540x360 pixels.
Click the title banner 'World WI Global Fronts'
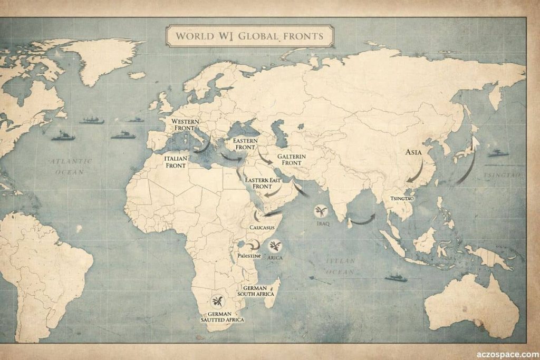[249, 36]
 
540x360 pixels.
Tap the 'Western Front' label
[186, 125]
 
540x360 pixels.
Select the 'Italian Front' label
[175, 161]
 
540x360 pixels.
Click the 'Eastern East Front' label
[263, 183]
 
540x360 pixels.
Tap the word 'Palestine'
[249, 256]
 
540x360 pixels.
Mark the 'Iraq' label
[322, 223]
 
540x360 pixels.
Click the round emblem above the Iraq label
[321, 211]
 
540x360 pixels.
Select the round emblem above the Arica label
[275, 246]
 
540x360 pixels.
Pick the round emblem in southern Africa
[218, 301]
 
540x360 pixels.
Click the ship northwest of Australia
[396, 277]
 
